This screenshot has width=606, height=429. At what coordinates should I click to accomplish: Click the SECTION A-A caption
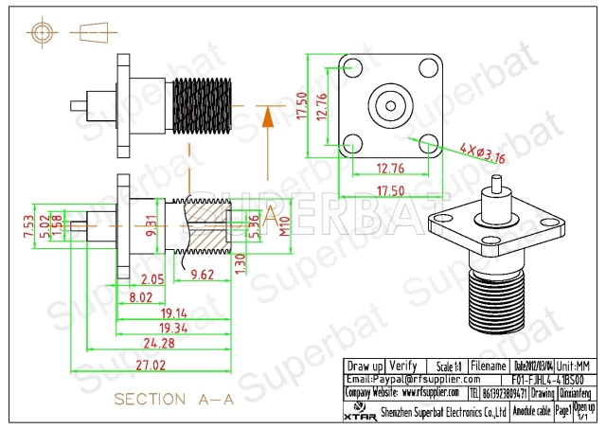[173, 400]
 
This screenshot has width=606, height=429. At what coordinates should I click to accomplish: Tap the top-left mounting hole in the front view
[351, 68]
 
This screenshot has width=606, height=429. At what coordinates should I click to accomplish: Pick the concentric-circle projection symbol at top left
[41, 33]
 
